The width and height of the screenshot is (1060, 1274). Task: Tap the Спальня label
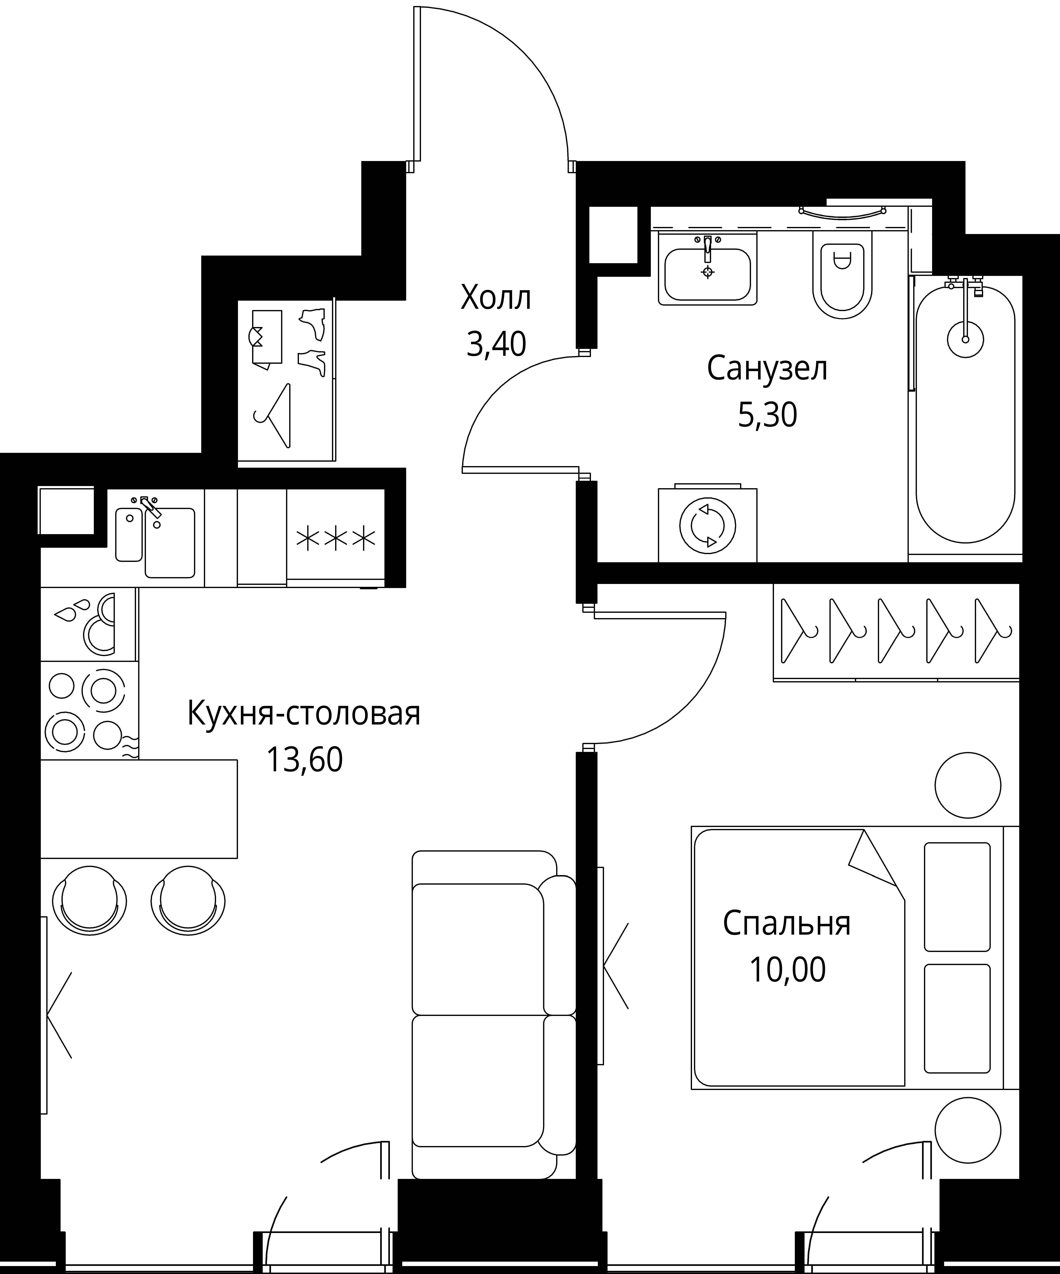click(787, 923)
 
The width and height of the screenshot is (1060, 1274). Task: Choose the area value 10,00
click(787, 969)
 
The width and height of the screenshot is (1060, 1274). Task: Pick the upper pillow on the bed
click(956, 896)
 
